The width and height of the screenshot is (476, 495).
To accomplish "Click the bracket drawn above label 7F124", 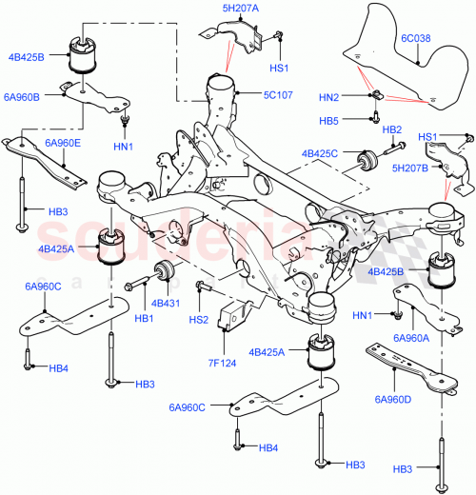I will tap(228, 319).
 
